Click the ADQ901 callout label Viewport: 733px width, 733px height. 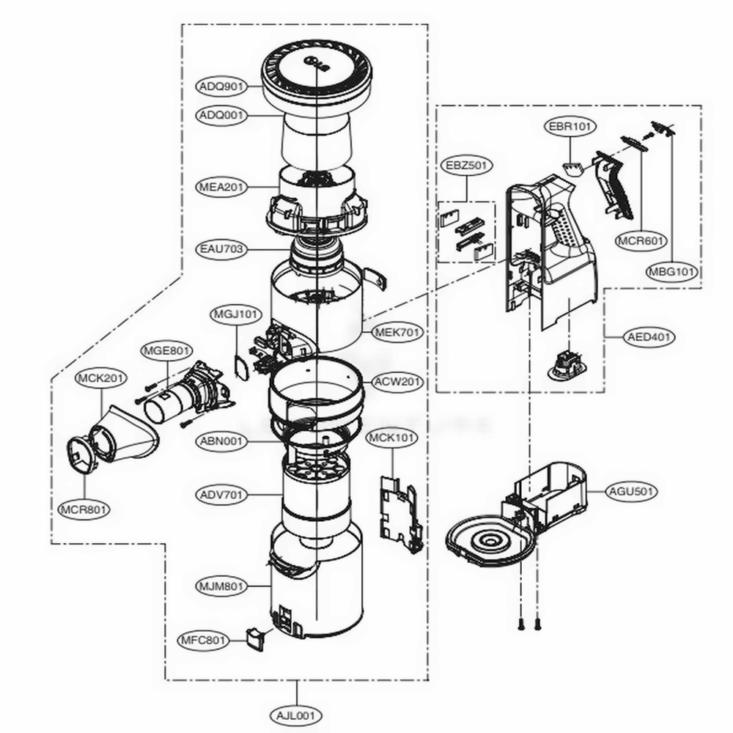[x=221, y=86]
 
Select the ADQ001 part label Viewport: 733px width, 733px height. [x=221, y=116]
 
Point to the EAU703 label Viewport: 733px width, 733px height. [x=221, y=249]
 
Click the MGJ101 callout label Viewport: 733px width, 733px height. [x=236, y=314]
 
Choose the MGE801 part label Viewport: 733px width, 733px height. [x=166, y=350]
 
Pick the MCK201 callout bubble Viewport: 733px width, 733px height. [x=101, y=378]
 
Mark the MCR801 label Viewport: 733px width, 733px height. [x=83, y=507]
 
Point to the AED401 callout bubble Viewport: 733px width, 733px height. [x=650, y=337]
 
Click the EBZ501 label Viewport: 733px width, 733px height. [x=467, y=166]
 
